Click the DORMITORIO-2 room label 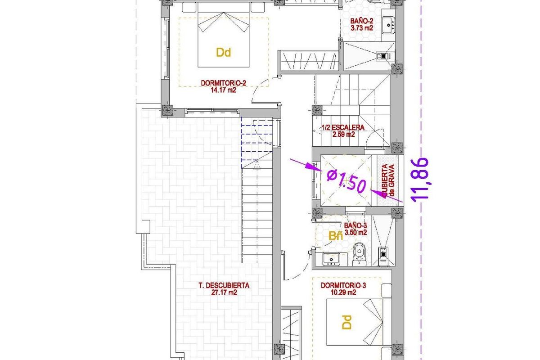coord(223,83)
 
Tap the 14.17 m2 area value coord(223,90)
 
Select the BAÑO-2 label coord(362,22)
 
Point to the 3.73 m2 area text coord(362,28)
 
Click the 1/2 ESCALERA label coord(343,128)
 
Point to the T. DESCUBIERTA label coord(224,285)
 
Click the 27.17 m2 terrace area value coord(224,292)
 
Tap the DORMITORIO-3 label coord(341,285)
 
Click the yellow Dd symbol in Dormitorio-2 coord(223,53)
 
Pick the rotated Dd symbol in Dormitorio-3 coord(347,322)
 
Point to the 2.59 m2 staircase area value coord(343,134)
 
